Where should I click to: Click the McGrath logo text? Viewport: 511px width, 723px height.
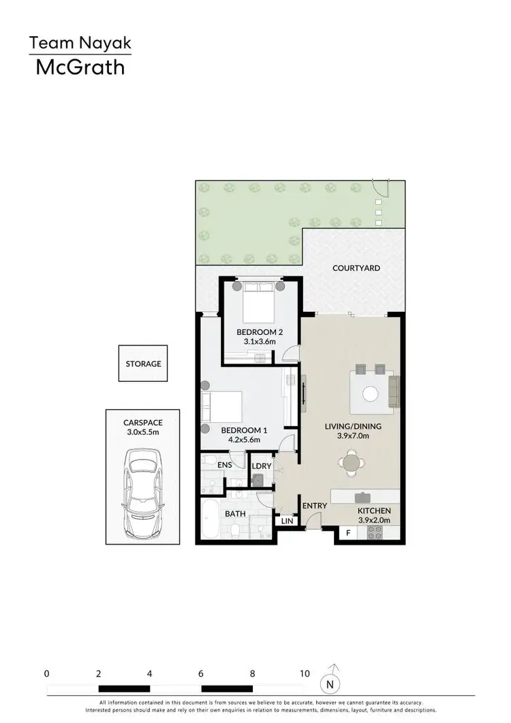(x=80, y=67)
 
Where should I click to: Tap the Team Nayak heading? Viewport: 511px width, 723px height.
(x=80, y=44)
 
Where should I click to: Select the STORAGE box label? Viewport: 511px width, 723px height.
(x=143, y=364)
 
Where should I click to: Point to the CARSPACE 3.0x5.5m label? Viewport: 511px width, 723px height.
(x=143, y=427)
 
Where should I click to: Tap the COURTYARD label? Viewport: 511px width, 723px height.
(x=356, y=268)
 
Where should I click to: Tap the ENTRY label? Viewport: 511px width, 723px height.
(x=315, y=506)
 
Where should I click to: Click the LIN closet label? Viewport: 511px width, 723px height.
(x=287, y=521)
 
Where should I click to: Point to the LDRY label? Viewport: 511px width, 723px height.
(x=262, y=466)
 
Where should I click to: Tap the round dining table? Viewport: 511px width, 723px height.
(x=352, y=464)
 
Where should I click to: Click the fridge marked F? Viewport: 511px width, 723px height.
(x=349, y=534)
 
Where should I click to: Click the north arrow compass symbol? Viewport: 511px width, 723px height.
(x=330, y=680)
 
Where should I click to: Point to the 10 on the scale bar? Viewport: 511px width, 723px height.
(x=304, y=673)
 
